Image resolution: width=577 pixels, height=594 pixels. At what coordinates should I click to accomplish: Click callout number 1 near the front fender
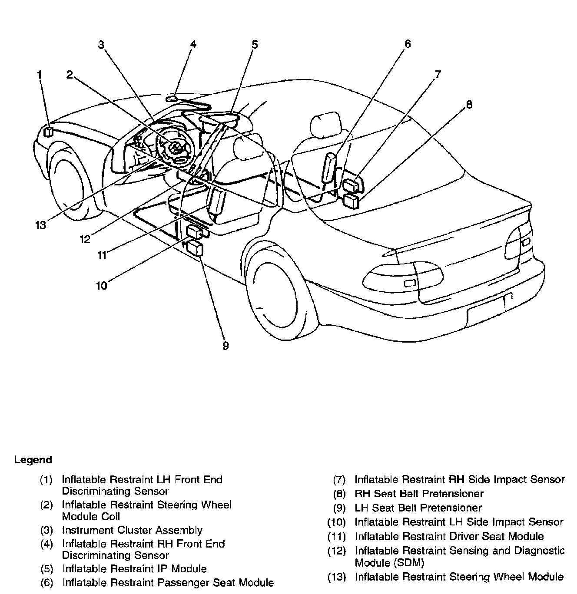click(x=40, y=74)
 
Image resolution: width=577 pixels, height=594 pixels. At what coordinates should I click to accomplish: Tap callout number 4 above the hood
click(x=193, y=44)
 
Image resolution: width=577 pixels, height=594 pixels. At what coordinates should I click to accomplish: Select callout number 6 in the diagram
click(x=407, y=44)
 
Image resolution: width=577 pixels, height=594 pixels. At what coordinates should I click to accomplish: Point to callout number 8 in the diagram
click(x=469, y=105)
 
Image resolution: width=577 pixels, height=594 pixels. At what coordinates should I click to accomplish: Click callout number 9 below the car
click(x=225, y=346)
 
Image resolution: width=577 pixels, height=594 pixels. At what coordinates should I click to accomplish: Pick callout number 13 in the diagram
click(x=40, y=225)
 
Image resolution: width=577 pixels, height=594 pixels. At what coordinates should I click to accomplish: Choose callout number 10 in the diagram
click(x=101, y=286)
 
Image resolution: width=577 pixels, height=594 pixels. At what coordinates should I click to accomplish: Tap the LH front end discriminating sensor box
click(x=49, y=131)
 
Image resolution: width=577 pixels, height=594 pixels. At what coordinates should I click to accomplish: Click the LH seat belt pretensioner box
click(x=194, y=248)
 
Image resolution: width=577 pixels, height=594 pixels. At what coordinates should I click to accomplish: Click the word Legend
click(x=33, y=460)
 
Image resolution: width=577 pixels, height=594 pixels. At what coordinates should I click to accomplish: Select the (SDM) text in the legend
click(x=389, y=563)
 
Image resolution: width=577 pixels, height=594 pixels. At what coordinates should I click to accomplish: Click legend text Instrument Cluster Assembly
click(x=132, y=530)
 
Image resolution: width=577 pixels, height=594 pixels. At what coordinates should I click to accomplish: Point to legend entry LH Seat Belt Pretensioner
click(x=418, y=508)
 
